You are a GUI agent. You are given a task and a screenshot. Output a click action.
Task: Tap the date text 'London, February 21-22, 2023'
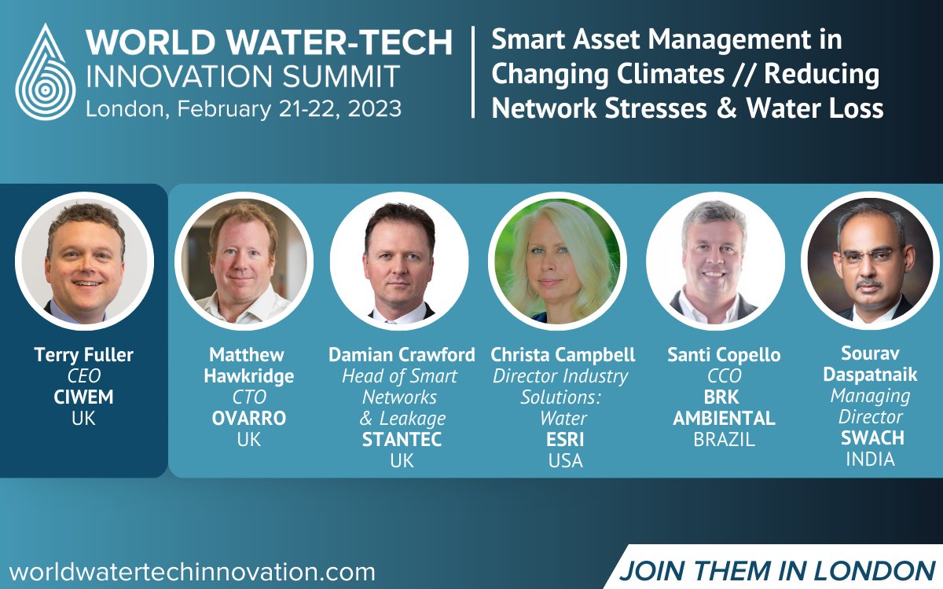tap(244, 108)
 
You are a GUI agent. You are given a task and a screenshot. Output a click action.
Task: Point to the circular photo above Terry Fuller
tap(84, 261)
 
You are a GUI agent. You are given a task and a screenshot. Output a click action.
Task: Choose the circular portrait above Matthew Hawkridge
tap(244, 261)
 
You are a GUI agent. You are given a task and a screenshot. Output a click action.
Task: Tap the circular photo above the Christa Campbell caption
tap(556, 261)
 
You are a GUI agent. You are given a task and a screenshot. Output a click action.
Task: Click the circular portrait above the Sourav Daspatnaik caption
tap(870, 261)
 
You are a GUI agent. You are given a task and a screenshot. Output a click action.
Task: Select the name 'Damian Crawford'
tap(402, 355)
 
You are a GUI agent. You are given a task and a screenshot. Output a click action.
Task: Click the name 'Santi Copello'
tap(724, 355)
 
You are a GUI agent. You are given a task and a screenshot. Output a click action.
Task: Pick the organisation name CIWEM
tap(83, 397)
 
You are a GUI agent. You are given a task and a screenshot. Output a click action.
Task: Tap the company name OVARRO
tap(248, 419)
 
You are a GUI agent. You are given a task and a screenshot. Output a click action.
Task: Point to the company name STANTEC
tap(402, 440)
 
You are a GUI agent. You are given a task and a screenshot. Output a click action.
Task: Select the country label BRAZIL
tap(724, 440)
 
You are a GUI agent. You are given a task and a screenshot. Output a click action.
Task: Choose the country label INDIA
tap(870, 459)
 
